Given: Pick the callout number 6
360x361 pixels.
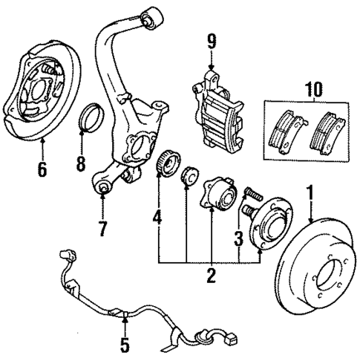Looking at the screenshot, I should pos(42,169).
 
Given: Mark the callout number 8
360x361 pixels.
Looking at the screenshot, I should pos(80,162).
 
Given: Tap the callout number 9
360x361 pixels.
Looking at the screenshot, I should pos(212,41).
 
